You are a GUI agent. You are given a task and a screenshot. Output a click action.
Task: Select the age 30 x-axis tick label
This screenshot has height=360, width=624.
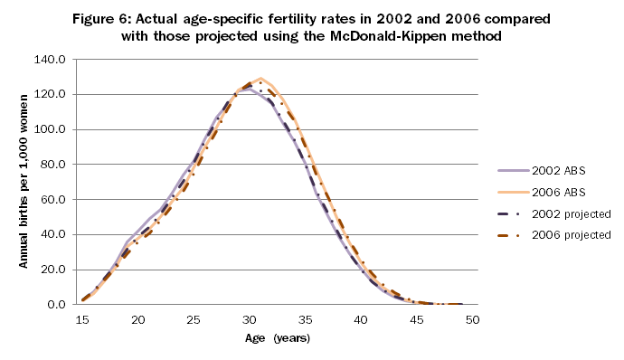251,320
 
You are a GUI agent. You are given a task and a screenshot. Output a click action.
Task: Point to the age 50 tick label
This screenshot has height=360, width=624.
473,320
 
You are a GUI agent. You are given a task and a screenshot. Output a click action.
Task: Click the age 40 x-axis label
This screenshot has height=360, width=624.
362,320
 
